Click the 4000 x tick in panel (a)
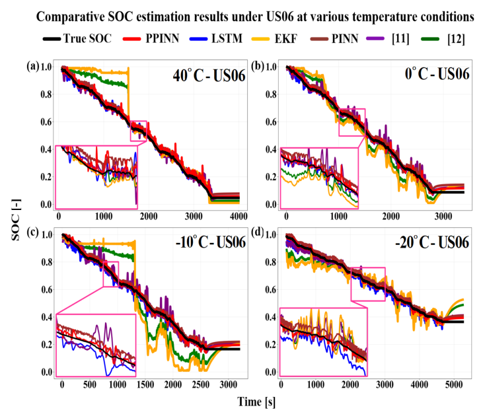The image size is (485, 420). pyautogui.click(x=239, y=216)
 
